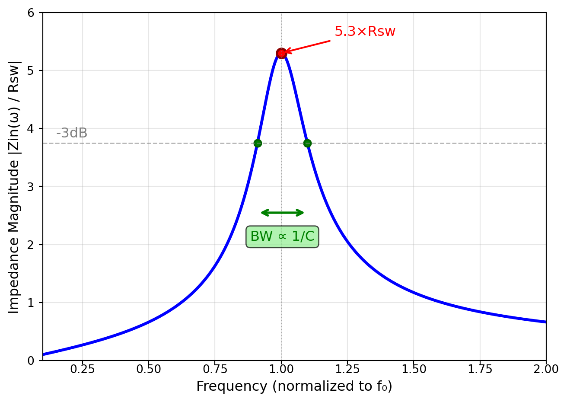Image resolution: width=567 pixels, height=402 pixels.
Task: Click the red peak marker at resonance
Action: (281, 54)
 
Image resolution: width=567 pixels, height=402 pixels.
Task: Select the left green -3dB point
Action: (258, 143)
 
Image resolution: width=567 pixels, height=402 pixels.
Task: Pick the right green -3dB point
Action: (307, 143)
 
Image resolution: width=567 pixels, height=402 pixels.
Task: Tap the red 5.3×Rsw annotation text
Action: (365, 32)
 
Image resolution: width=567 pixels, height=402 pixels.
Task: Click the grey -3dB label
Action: (72, 133)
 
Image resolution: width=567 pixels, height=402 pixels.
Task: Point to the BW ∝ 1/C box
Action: (282, 236)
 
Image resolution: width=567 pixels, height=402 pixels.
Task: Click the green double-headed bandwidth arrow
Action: (283, 213)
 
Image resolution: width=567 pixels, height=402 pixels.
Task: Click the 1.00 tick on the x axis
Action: (281, 369)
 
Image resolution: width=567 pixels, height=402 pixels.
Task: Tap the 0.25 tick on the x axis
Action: (82, 369)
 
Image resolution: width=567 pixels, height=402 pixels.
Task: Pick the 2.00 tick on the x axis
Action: (546, 369)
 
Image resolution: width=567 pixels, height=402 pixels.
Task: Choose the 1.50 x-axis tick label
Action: (414, 369)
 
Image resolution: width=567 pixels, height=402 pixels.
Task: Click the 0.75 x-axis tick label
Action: (215, 369)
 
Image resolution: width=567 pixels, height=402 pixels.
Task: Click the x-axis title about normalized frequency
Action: (294, 386)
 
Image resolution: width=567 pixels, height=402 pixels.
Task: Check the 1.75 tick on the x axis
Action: (480, 369)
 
